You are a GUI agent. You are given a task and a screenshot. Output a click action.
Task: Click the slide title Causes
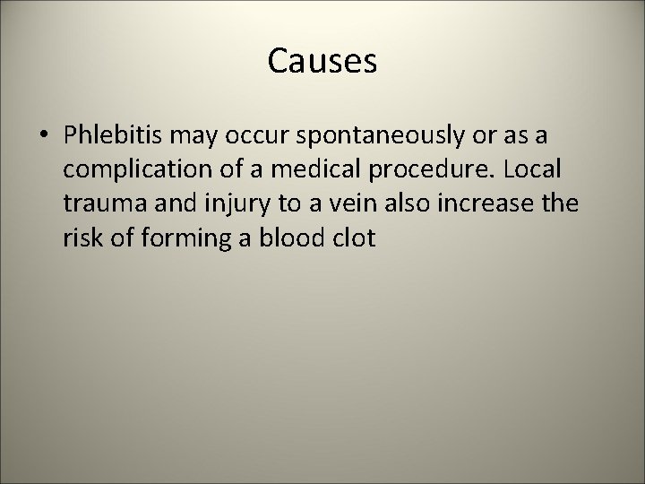(x=322, y=62)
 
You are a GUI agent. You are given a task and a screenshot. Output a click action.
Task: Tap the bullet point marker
(x=42, y=135)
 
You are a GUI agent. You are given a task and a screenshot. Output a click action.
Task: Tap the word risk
(x=82, y=240)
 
